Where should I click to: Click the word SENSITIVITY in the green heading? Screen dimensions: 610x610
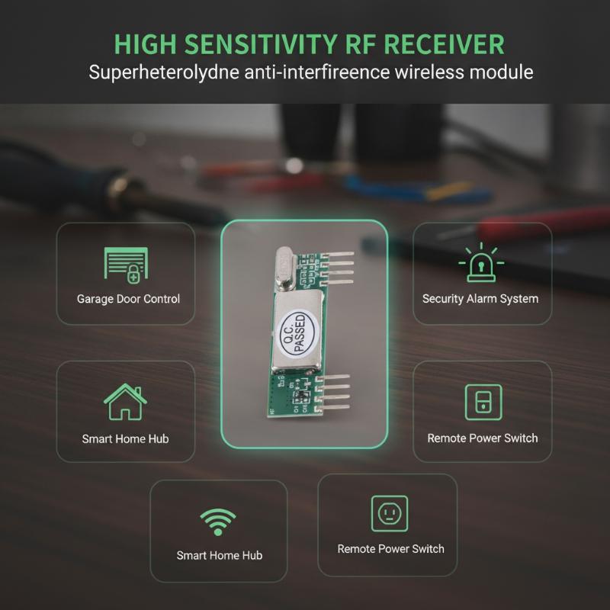pos(260,44)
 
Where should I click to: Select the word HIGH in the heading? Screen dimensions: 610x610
pos(145,44)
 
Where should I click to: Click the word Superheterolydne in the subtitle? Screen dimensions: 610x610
pos(164,72)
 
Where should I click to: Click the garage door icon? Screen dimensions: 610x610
pos(126,265)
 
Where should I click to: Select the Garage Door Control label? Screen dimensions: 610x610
pos(128,299)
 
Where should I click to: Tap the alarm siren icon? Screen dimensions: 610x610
pos(481,262)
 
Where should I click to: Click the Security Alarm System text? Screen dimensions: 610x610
pos(480,299)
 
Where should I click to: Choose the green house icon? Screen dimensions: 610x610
pos(125,402)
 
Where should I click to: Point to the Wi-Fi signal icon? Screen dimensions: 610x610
pos(218,522)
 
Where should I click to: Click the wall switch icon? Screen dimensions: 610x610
pos(483,403)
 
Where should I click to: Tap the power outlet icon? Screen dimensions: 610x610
pos(390,513)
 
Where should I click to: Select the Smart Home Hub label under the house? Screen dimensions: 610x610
pos(125,439)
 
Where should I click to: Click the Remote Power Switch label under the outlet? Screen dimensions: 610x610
pos(390,549)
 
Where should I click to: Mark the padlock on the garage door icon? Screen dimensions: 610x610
pos(133,274)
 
